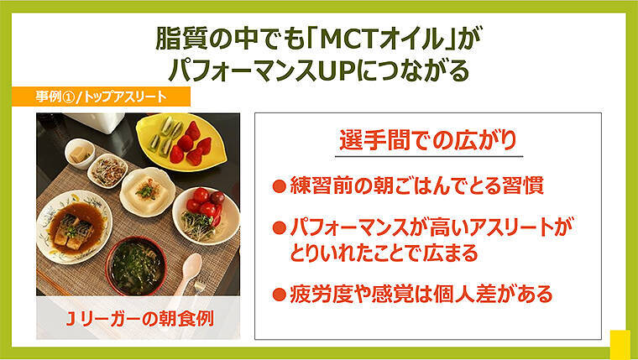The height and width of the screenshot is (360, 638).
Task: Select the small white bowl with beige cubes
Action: (80, 154)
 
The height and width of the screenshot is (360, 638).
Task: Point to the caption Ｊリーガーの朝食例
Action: (138, 320)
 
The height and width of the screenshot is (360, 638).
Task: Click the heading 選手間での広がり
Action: (428, 138)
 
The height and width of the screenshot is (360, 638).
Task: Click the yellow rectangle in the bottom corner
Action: (620, 344)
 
